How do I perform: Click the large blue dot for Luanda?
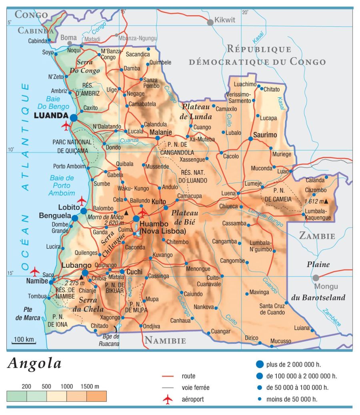click(x=74, y=117)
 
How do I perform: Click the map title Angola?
click(x=35, y=363)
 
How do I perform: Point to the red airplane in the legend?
click(x=168, y=399)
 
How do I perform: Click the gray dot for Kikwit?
click(x=210, y=22)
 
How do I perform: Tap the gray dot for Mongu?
click(x=316, y=278)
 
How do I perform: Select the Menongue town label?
click(x=198, y=269)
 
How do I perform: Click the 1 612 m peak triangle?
click(x=326, y=201)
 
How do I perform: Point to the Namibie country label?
click(x=165, y=341)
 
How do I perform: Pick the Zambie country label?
click(x=317, y=236)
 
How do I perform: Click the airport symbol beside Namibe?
click(x=35, y=271)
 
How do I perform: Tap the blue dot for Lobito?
click(x=84, y=211)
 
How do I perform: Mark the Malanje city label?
click(x=161, y=132)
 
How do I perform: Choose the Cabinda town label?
click(x=38, y=41)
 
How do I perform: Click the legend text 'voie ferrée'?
click(x=195, y=387)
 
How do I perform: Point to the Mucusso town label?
click(x=281, y=341)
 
